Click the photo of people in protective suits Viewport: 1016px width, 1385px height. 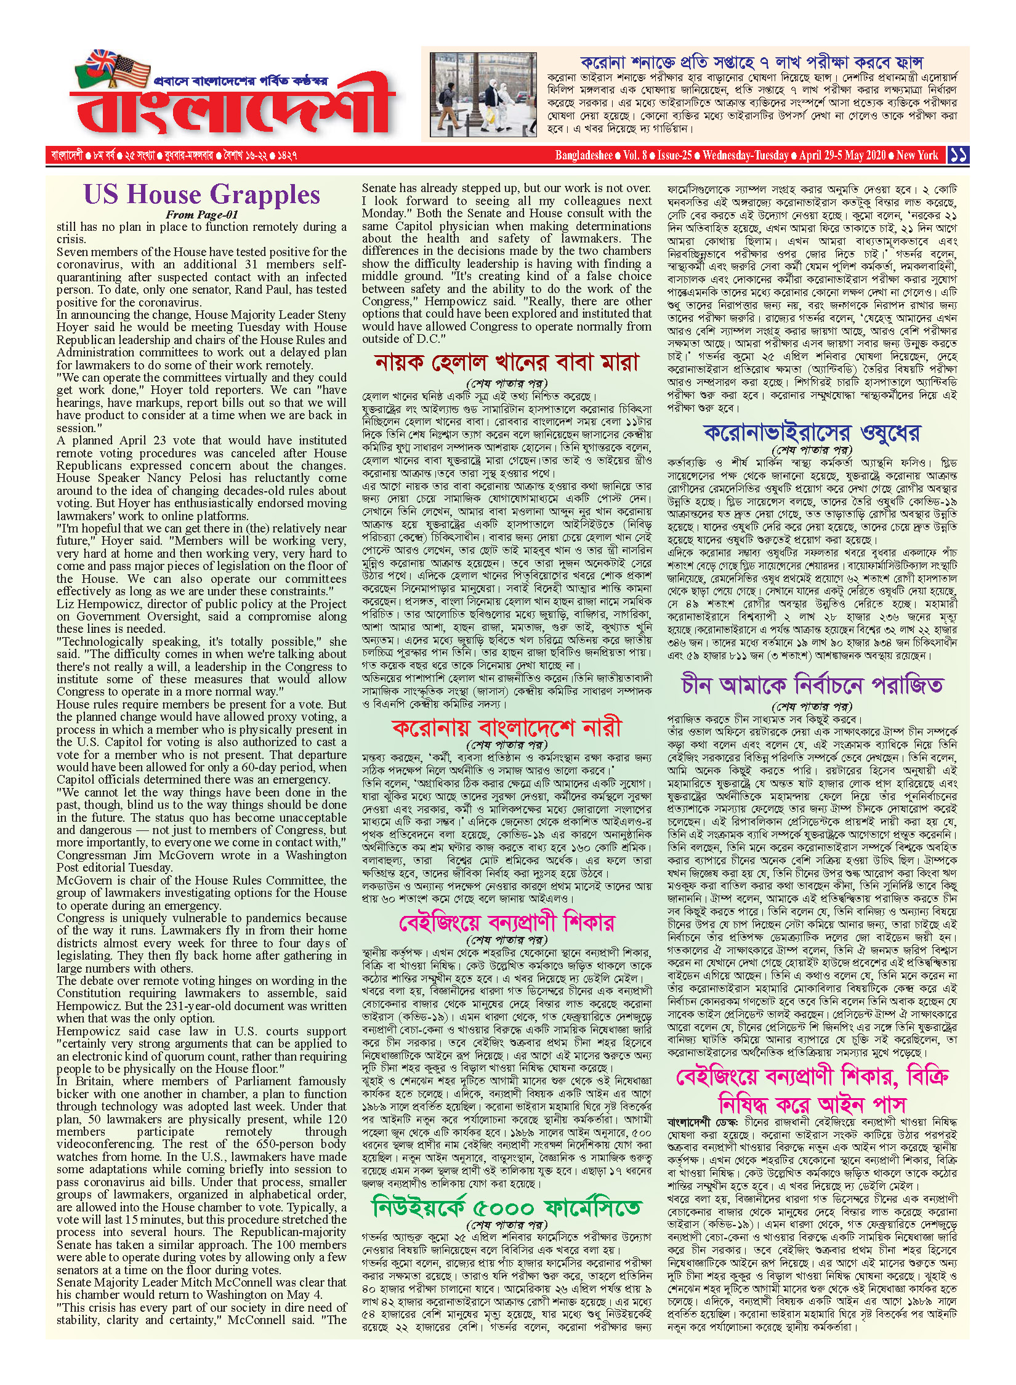click(484, 94)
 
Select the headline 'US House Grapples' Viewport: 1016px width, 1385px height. click(202, 195)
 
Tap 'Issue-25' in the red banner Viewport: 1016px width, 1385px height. click(674, 155)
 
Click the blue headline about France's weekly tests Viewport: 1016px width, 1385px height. click(751, 62)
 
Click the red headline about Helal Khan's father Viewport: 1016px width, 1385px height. click(507, 363)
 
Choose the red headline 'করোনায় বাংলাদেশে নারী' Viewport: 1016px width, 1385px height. click(507, 728)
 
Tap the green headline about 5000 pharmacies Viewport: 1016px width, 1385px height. click(507, 1208)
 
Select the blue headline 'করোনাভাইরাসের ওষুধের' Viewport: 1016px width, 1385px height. click(812, 433)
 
